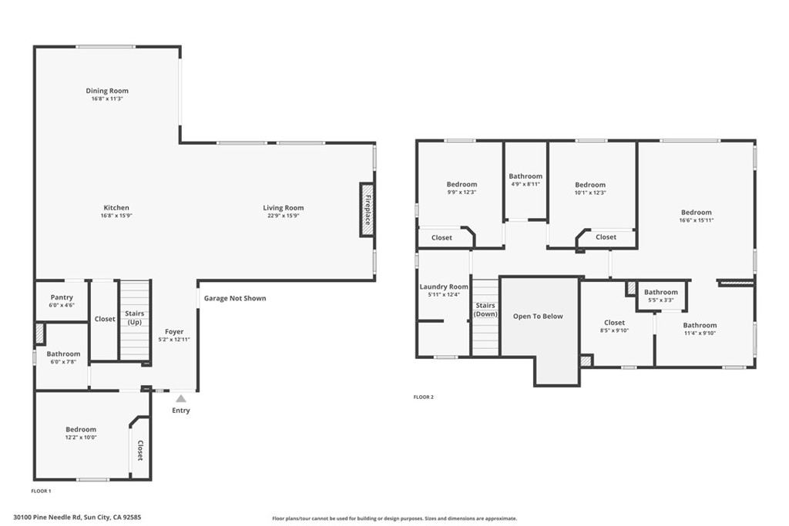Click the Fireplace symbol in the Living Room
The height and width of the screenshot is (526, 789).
coord(368,209)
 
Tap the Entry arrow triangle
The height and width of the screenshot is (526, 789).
coord(180,399)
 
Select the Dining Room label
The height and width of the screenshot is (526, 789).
coord(107,91)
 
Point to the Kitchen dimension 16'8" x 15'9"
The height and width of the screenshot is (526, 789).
coord(116,216)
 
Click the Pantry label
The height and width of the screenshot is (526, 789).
coord(62,297)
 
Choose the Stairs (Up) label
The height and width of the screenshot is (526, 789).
coord(134,318)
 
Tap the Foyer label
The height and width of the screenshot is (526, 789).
coord(174,332)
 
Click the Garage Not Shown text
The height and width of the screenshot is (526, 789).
coord(235,298)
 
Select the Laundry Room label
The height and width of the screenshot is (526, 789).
coord(444,286)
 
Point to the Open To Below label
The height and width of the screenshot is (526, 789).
coord(538,317)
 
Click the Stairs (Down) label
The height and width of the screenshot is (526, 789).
coord(485,310)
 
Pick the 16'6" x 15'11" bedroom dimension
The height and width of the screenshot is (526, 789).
coord(697,220)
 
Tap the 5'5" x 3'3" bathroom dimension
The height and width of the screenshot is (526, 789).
coord(660,300)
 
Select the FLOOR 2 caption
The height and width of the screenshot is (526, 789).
coord(423,397)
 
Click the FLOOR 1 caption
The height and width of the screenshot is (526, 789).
coord(42,491)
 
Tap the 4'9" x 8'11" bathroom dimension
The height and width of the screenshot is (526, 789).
coord(525,184)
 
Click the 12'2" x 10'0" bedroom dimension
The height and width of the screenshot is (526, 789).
coord(81,437)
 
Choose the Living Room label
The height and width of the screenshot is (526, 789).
coord(284,208)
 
